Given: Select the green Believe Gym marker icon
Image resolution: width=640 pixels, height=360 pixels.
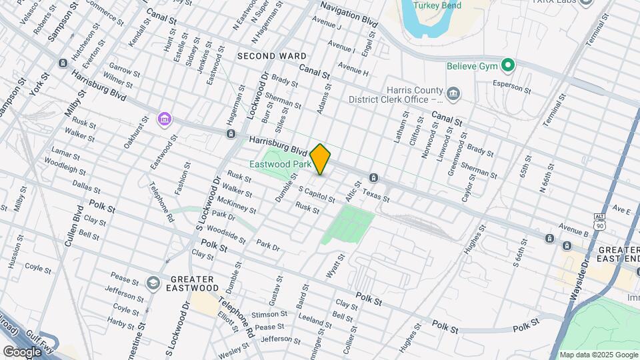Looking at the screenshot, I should point(508,65).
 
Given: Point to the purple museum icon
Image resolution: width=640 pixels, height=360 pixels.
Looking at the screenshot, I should point(164,119).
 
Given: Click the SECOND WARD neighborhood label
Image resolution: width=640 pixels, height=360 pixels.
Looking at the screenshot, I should point(271,56).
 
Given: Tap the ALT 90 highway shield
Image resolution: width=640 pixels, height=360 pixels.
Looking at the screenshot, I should point(599,221).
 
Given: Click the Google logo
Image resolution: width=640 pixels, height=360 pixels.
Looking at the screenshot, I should point(21,351).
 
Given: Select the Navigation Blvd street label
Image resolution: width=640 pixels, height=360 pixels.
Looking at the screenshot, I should point(349,13).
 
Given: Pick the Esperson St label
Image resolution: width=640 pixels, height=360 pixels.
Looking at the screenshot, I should point(511,86).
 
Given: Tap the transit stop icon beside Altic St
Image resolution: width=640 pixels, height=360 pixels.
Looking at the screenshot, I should point(373,178).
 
